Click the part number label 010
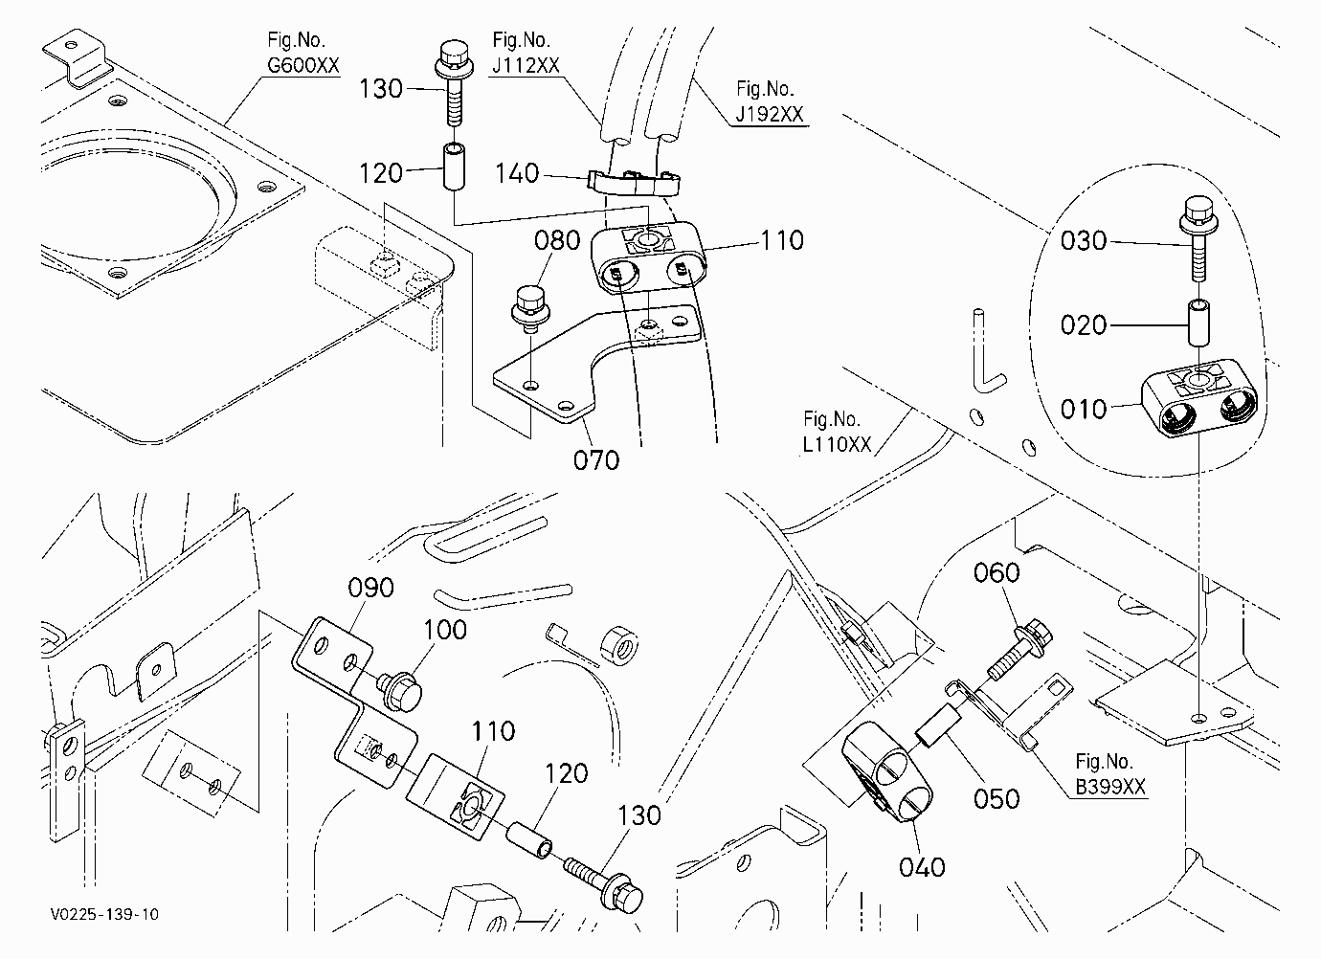(1084, 409)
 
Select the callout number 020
(1084, 325)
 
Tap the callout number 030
(1084, 240)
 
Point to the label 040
(922, 867)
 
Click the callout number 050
(996, 798)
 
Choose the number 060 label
(996, 572)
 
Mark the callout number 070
(596, 460)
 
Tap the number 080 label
(557, 240)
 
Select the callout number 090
(371, 588)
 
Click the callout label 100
(445, 630)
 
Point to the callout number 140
(517, 173)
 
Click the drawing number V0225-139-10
(104, 914)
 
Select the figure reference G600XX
(303, 65)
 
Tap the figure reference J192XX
(770, 114)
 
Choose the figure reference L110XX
(837, 444)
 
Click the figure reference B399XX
(1110, 787)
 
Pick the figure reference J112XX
(526, 65)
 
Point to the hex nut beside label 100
(618, 645)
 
